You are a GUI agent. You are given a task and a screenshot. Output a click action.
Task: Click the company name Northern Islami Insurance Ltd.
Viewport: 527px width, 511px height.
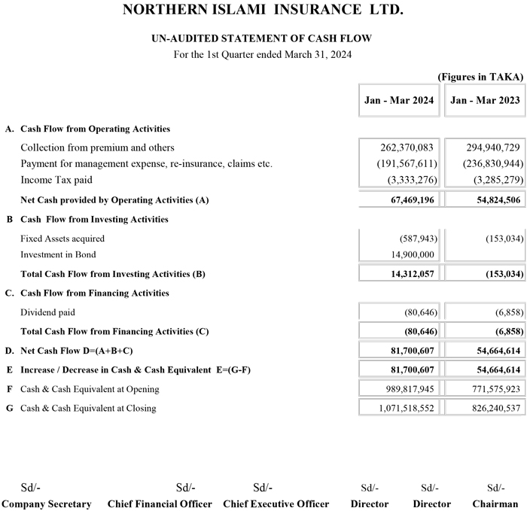(x=263, y=11)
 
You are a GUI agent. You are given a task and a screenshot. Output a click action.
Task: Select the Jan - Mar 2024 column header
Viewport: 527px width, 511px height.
(x=399, y=100)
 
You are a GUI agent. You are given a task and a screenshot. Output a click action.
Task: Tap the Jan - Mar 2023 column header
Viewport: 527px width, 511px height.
(x=485, y=100)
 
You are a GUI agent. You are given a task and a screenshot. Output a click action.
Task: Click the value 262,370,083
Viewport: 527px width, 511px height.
(x=407, y=148)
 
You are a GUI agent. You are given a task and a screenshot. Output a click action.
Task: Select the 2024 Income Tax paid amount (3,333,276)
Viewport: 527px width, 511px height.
(x=410, y=180)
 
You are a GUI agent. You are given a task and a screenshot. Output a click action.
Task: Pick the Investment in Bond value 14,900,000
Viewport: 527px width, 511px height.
(x=409, y=254)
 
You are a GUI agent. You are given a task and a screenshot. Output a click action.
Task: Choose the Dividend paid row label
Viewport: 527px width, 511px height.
(x=47, y=312)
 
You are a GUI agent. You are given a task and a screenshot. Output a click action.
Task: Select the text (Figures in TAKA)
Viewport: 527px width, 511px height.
(x=480, y=77)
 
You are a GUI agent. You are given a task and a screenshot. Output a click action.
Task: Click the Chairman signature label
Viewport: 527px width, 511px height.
(x=495, y=503)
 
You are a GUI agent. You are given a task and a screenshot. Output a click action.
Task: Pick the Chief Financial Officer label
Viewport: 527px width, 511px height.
(x=160, y=503)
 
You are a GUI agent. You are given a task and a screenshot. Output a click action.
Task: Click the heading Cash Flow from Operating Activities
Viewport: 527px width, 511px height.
(x=95, y=129)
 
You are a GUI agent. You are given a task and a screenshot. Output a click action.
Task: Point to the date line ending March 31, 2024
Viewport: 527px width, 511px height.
(x=263, y=54)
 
